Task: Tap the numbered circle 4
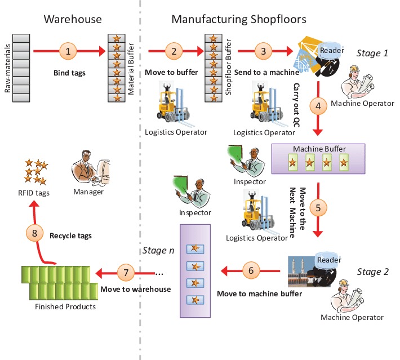(x=318, y=104)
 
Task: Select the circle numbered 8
(x=34, y=232)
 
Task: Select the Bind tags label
(x=68, y=73)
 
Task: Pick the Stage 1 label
(x=372, y=54)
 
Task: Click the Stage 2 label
(x=372, y=272)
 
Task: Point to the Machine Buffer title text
(x=319, y=149)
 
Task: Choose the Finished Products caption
(x=65, y=307)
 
